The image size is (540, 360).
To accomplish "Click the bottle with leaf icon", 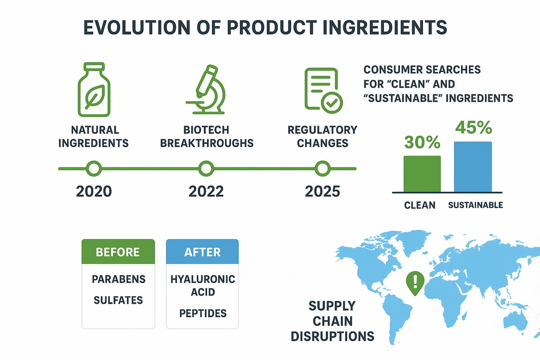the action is pos(94,90).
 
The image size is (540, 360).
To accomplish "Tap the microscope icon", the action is pos(206,90).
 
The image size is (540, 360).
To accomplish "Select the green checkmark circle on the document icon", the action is pos(332,103).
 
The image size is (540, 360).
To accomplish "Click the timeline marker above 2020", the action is pos(94,169).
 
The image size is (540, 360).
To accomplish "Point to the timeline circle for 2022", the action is pos(206,169).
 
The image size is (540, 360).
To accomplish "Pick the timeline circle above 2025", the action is pos(322,169).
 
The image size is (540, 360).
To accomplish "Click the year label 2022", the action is pos(206,191).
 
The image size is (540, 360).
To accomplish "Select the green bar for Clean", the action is pos(422,174).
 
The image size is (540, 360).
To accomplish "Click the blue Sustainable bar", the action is pos(473,167).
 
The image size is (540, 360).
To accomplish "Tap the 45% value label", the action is pos(473,127).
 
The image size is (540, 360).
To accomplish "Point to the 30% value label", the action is pos(422,142).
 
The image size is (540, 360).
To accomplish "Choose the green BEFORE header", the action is pos(118,251).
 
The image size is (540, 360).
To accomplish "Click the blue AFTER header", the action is pos(202,251).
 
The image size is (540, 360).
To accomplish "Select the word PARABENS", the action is pos(119,279).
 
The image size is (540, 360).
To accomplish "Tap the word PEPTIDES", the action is pos(203,313).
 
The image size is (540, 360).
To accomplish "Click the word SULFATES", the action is pos(118,300).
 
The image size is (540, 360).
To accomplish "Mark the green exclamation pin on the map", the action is pos(415,282).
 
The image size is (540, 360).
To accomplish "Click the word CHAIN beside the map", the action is pos(333,321).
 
